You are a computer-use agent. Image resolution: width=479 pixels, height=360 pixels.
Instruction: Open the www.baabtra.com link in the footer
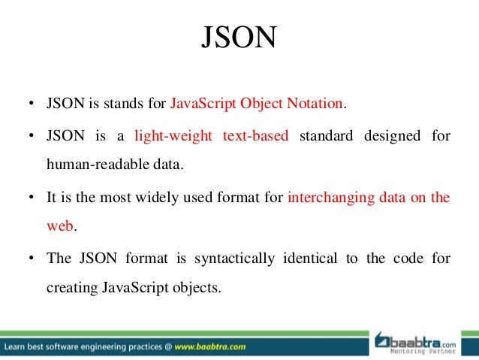[x=211, y=347]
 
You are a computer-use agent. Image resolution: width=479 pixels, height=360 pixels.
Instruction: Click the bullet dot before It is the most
[x=30, y=198]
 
